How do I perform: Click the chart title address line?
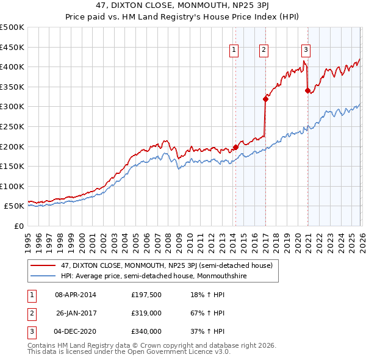(182, 5)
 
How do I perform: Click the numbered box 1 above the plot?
(234, 51)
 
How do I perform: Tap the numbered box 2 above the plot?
(264, 51)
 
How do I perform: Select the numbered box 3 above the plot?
(306, 51)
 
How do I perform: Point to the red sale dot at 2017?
(265, 98)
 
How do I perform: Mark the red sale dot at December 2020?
(307, 90)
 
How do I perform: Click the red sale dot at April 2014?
(235, 147)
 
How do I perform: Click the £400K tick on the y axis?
(12, 67)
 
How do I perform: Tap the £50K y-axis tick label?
(14, 206)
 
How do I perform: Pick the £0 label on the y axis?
(19, 226)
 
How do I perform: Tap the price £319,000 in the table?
(146, 313)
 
